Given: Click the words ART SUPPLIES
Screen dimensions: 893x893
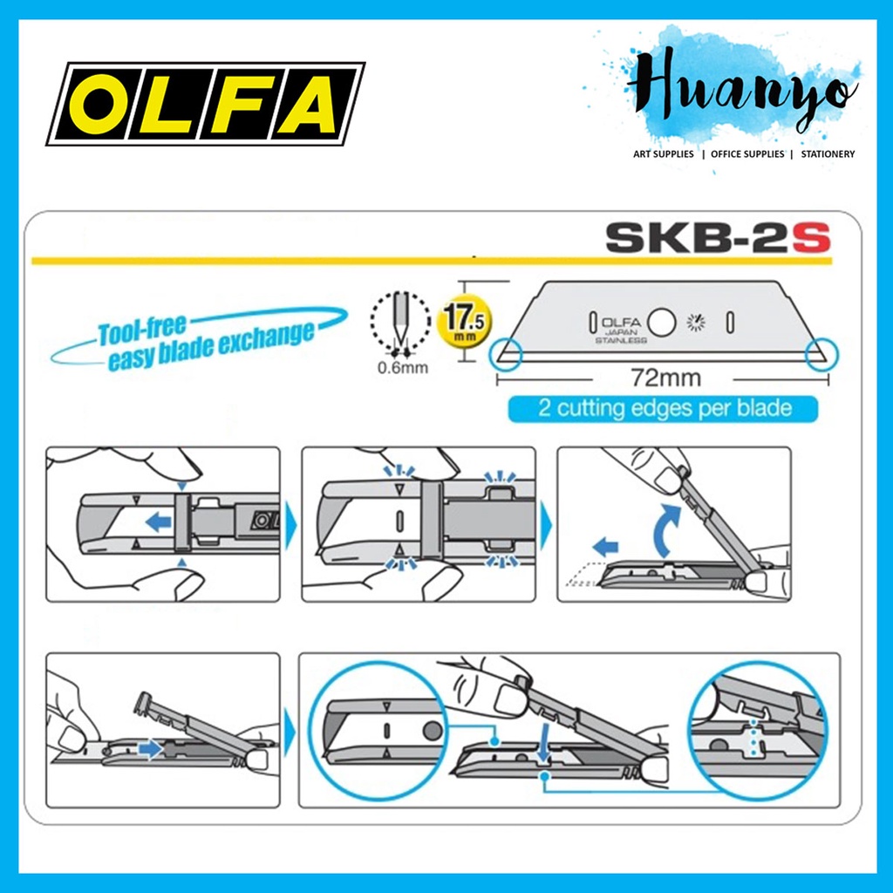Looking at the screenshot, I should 663,154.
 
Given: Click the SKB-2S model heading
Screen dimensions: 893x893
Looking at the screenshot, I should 714,237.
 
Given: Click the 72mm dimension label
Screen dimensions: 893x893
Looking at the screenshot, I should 663,380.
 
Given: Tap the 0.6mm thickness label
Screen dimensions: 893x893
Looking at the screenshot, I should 402,366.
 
